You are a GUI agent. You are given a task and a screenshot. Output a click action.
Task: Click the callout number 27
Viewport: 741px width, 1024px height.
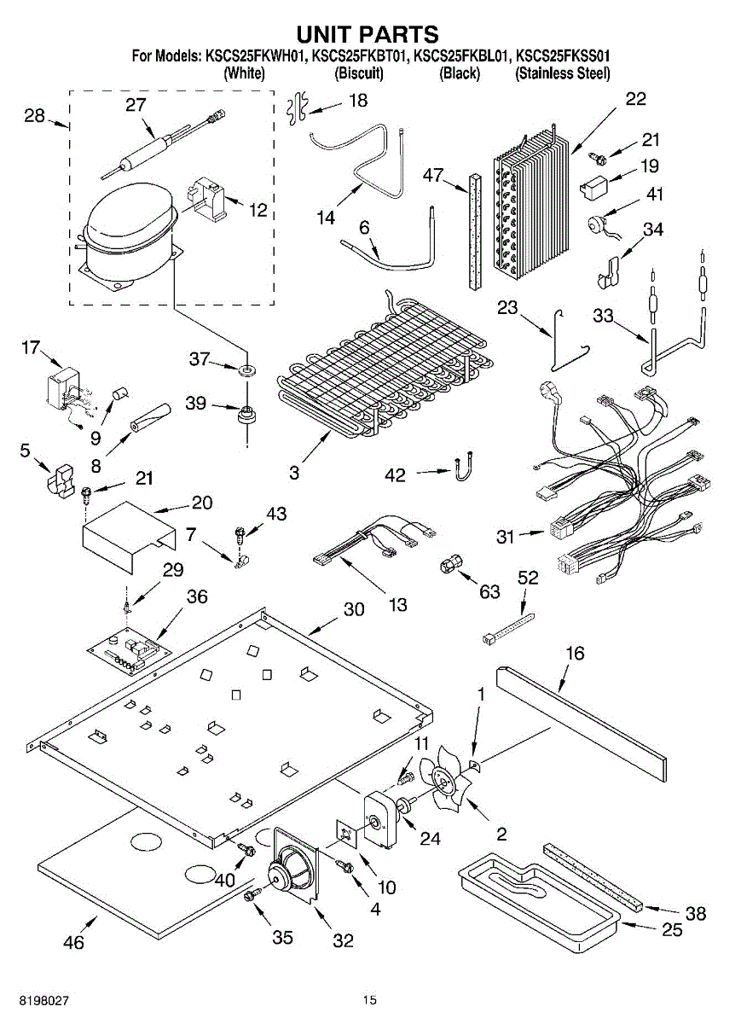[136, 105]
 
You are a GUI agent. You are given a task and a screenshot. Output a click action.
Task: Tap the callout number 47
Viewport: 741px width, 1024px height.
[433, 175]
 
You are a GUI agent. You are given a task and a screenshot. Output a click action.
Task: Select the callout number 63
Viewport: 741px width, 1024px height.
[489, 591]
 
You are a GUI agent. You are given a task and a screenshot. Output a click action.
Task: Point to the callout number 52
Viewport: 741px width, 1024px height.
[528, 578]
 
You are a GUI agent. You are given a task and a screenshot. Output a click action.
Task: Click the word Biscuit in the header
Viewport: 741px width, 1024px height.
[359, 73]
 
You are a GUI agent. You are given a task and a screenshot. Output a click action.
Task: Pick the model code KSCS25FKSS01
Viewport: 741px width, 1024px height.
[563, 56]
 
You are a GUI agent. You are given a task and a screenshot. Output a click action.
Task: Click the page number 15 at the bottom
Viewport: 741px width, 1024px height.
[370, 1001]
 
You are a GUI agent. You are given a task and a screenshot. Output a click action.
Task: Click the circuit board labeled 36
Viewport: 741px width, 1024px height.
[130, 651]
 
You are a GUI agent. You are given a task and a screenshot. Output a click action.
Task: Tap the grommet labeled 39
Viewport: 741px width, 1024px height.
[246, 415]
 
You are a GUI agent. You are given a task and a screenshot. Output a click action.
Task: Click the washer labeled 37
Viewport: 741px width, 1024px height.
[246, 369]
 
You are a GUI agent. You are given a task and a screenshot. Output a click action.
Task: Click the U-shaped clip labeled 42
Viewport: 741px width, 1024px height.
[463, 466]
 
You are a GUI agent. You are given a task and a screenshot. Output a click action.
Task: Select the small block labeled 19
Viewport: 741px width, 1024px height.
[593, 187]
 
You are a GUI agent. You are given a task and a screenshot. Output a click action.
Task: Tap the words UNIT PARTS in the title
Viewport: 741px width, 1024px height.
[368, 34]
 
